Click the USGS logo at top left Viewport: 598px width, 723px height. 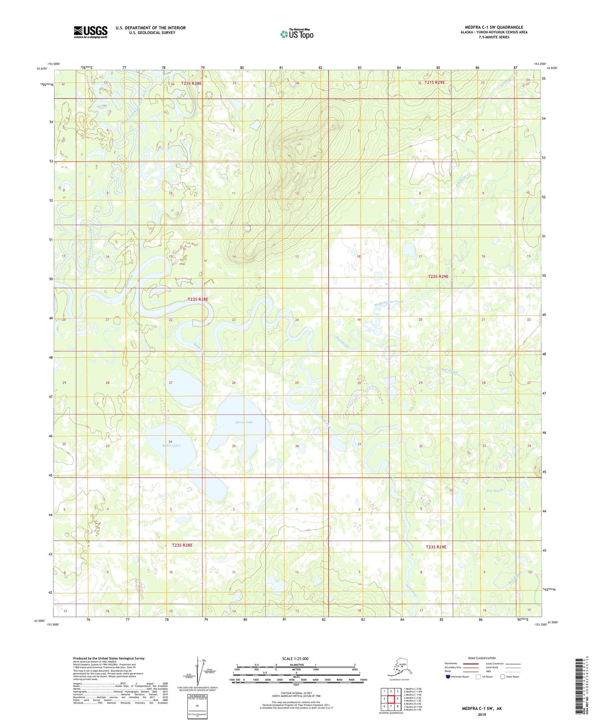tap(90, 32)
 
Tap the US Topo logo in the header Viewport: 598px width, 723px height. tap(296, 34)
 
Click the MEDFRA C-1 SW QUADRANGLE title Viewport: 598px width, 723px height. tap(494, 27)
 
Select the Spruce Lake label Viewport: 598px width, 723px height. tap(244, 422)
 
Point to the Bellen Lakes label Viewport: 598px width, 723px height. tap(171, 446)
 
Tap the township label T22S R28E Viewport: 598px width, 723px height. tap(198, 299)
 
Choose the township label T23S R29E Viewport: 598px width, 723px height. tap(436, 547)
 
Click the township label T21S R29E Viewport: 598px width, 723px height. tap(431, 82)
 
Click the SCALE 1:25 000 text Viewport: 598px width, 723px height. tap(295, 659)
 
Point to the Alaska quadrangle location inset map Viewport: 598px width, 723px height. tap(399, 668)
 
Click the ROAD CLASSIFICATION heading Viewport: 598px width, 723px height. tap(482, 658)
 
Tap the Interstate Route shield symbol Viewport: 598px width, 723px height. tap(448, 677)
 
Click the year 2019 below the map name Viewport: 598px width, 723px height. tap(482, 714)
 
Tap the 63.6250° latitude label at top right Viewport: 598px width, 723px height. tap(552, 68)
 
